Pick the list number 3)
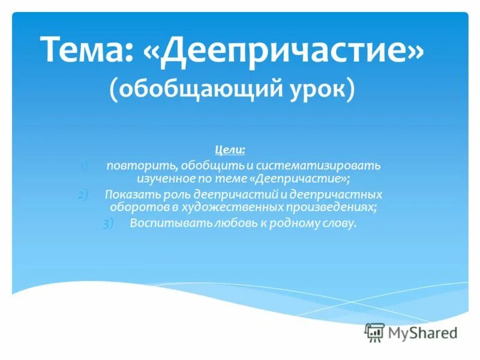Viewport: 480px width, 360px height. click(107, 224)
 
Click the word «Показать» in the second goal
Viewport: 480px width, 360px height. click(127, 194)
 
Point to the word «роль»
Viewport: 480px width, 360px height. click(170, 194)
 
